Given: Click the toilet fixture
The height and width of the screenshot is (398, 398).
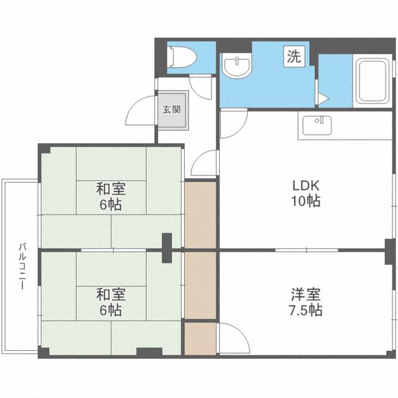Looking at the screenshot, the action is [x=183, y=57].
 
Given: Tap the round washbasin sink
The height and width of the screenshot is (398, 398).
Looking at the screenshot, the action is [x=236, y=66].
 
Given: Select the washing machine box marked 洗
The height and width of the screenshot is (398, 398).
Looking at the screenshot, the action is [x=294, y=57].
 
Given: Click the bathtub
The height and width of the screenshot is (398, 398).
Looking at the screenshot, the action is [x=373, y=81].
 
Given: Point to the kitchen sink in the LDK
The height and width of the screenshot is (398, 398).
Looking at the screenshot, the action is [x=317, y=126].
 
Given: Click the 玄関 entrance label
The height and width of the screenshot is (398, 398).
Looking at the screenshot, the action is [x=172, y=109].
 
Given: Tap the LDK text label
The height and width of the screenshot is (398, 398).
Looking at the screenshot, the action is [x=305, y=186].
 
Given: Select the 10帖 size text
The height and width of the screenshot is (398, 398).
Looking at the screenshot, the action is [x=305, y=201].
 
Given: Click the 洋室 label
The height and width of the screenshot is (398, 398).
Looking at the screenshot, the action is [x=305, y=294].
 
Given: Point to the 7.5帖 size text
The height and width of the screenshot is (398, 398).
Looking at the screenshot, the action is [x=305, y=310].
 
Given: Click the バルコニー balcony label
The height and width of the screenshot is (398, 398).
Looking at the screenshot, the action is [x=23, y=266].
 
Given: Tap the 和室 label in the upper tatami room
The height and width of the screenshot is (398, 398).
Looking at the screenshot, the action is [x=111, y=189].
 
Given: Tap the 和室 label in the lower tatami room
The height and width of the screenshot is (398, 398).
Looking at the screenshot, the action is [x=111, y=294].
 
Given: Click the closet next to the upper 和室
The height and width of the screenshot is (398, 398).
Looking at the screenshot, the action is [x=200, y=215].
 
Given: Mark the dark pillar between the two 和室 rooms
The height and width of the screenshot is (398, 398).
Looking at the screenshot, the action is [x=167, y=248].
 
